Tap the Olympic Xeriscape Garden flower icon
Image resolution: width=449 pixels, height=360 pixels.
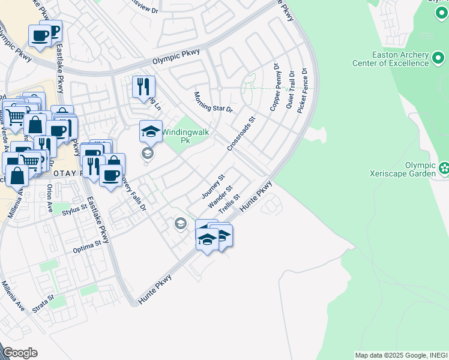(444, 167)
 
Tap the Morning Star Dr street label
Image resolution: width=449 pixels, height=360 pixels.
(212, 102)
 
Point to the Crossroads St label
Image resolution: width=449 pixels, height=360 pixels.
(241, 134)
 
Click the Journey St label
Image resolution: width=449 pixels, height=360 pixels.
(213, 187)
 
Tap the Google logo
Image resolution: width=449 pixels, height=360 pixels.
(20, 353)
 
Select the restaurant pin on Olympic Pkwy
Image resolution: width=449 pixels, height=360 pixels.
(143, 86)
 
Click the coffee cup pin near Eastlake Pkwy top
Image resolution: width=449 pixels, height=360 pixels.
(40, 36)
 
